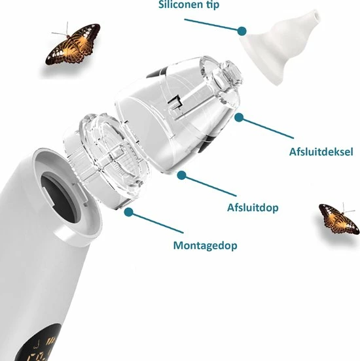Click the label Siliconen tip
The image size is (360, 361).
(x=189, y=5)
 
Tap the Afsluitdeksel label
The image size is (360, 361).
(x=321, y=152)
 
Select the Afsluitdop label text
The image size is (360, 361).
(x=253, y=208)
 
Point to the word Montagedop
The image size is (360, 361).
(x=205, y=245)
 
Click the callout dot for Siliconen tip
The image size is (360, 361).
(x=242, y=31)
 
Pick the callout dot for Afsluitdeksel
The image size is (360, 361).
(x=239, y=118)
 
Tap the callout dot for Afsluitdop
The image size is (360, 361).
(x=181, y=175)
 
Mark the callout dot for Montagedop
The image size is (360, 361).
(x=128, y=212)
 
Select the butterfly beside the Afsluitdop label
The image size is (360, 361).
(x=339, y=218)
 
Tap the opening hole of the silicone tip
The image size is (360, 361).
(x=315, y=15)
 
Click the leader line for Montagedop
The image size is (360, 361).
(x=156, y=222)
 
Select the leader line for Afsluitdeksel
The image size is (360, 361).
(x=266, y=128)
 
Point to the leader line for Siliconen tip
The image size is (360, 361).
(x=213, y=25)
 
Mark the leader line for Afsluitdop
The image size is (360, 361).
(x=209, y=186)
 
